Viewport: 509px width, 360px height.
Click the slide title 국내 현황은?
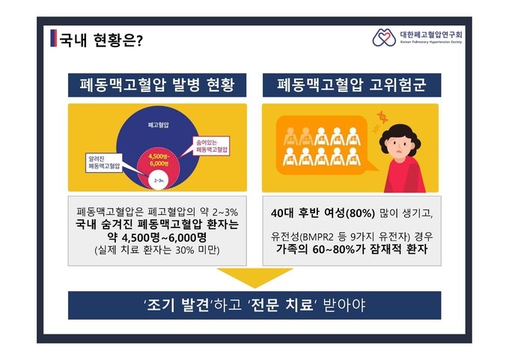[101, 40]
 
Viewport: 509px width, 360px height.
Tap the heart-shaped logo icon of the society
[384, 37]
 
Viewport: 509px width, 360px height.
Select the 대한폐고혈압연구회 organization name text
[431, 34]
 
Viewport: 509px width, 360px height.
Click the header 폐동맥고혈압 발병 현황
[157, 85]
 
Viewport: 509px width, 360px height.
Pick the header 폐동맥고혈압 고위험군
[352, 85]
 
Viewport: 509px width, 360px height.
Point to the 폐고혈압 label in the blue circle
[159, 125]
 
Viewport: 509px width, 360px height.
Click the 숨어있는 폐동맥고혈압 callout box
[212, 146]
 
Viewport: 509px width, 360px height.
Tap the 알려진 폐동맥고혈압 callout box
[104, 162]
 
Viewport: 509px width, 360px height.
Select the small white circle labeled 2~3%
[159, 180]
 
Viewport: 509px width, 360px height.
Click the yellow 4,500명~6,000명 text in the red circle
[159, 159]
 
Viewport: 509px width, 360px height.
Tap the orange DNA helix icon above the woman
[382, 117]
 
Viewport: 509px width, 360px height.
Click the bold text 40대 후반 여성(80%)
[323, 213]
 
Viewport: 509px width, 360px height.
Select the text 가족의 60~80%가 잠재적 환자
[352, 249]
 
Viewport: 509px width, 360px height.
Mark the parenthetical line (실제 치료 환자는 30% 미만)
[157, 250]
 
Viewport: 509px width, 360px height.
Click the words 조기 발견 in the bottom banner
[177, 305]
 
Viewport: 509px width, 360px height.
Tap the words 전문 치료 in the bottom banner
[281, 305]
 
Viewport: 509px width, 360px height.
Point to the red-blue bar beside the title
[54, 38]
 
